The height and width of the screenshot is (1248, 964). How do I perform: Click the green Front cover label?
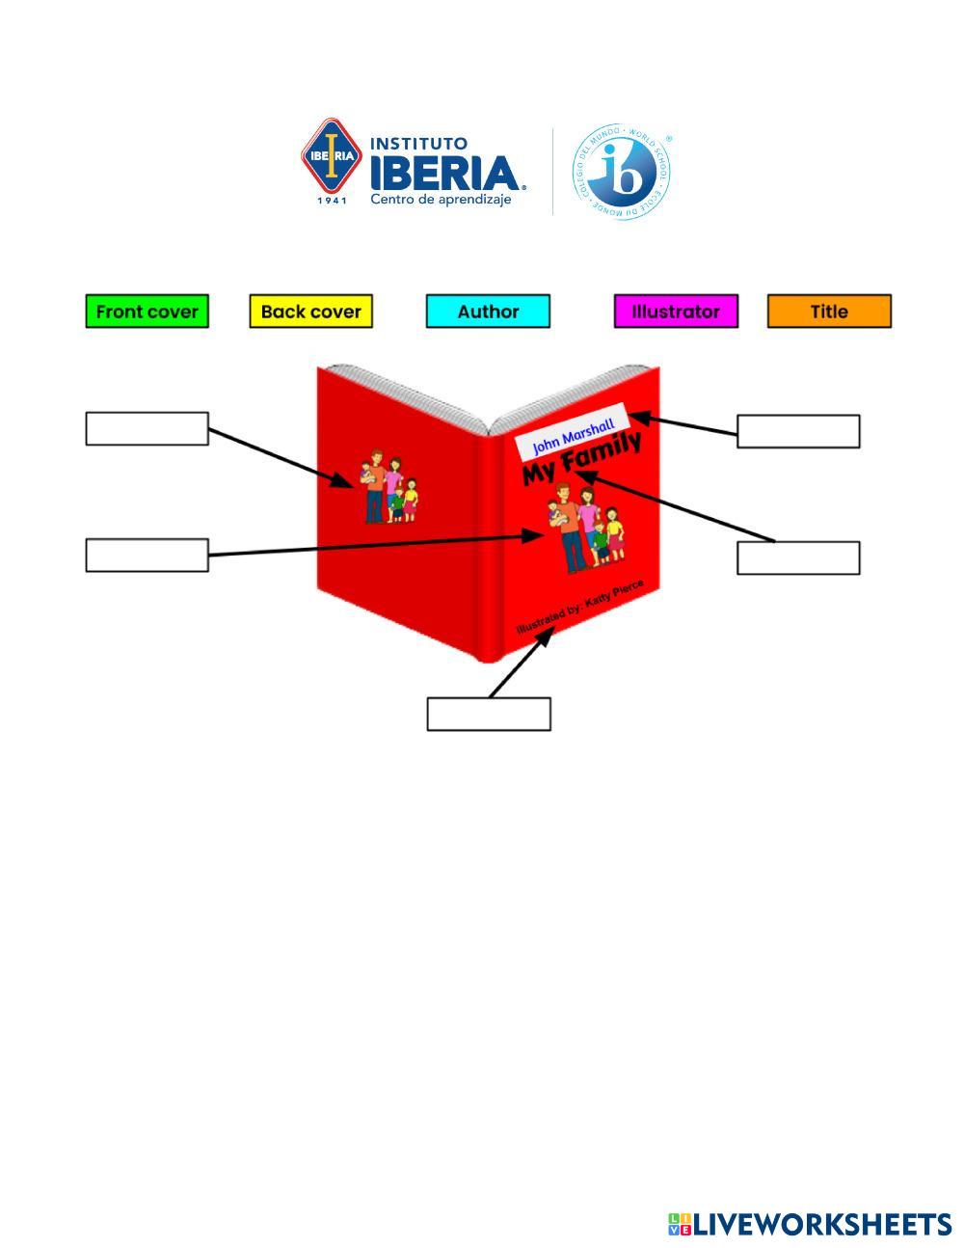pyautogui.click(x=147, y=312)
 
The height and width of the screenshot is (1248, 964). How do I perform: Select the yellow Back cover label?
pyautogui.click(x=310, y=312)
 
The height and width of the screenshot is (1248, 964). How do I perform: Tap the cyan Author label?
pyautogui.click(x=488, y=312)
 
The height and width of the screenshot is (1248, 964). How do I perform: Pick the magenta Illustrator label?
pyautogui.click(x=676, y=312)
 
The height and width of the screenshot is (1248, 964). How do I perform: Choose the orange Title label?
pyautogui.click(x=829, y=312)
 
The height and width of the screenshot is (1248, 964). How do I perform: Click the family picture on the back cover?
pyautogui.click(x=389, y=486)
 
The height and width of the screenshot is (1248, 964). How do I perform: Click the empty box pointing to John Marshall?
pyautogui.click(x=798, y=431)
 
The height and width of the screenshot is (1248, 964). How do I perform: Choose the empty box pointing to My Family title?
pyautogui.click(x=798, y=557)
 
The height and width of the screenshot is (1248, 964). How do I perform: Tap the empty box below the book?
pyautogui.click(x=489, y=714)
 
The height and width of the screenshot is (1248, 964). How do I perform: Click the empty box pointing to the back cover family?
pyautogui.click(x=147, y=428)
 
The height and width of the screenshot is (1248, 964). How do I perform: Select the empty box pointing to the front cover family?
pyautogui.click(x=147, y=555)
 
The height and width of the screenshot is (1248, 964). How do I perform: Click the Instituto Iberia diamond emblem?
pyautogui.click(x=331, y=156)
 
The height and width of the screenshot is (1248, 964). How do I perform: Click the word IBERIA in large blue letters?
pyautogui.click(x=446, y=174)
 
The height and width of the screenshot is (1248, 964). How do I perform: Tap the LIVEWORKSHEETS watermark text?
pyautogui.click(x=821, y=1224)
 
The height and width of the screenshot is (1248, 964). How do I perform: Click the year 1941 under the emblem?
pyautogui.click(x=332, y=201)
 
